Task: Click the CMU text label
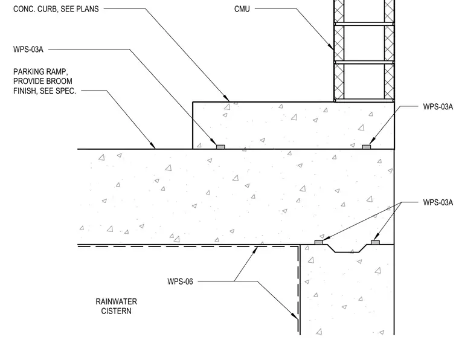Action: (242, 9)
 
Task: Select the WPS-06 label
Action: (180, 281)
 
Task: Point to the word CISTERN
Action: (116, 311)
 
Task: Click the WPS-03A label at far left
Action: (28, 49)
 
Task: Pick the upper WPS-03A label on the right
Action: (438, 106)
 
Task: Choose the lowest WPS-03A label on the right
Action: (438, 202)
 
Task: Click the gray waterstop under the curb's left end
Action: (220, 147)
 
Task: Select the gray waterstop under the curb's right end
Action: (367, 147)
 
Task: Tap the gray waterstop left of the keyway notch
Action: (319, 242)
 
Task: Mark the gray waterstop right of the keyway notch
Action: (375, 242)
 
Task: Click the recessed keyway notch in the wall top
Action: (347, 248)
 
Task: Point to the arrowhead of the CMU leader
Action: (331, 47)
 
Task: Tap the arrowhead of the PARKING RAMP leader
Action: (152, 146)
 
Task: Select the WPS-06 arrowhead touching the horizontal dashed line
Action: (255, 249)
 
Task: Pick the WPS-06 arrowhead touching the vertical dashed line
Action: (295, 315)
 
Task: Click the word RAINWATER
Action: (116, 302)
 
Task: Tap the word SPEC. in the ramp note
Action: (68, 91)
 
